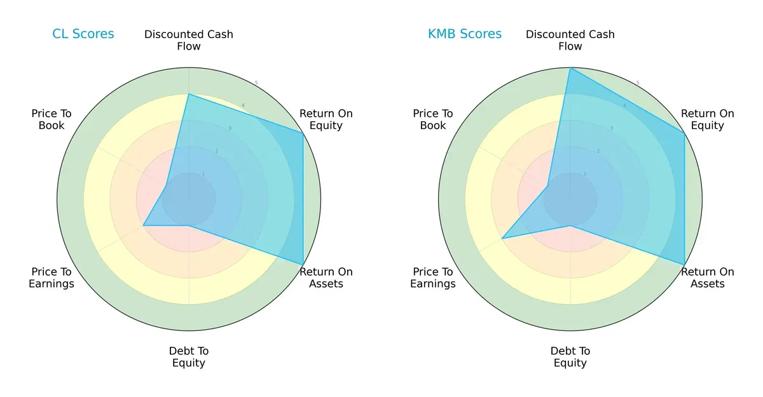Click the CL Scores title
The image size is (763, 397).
pos(83,34)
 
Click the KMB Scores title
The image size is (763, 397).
pos(465,34)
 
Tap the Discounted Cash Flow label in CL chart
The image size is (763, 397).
pos(189,40)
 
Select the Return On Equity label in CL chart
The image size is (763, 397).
pos(326,119)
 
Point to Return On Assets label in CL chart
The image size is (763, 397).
pos(326,278)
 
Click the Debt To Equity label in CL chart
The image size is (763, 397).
pos(189,357)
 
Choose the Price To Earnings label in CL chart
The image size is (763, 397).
pos(52,278)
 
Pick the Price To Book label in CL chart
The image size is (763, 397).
pos(52,119)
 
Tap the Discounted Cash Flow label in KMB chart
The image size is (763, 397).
pos(570,40)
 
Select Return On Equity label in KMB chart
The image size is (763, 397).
pos(708,119)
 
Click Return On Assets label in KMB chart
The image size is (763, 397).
pos(708,278)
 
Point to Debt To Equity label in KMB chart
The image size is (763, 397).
pos(570,357)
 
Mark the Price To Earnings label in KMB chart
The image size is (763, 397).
pos(433,278)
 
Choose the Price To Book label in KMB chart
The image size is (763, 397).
pos(433,119)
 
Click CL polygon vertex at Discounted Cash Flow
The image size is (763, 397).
pos(189,95)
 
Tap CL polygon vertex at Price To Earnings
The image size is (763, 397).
pos(144,225)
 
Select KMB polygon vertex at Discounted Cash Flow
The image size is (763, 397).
pos(570,68)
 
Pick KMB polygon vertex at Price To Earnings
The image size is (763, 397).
pos(502,238)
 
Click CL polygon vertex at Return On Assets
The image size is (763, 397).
pos(303,264)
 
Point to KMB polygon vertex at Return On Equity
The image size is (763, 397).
pos(684,133)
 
